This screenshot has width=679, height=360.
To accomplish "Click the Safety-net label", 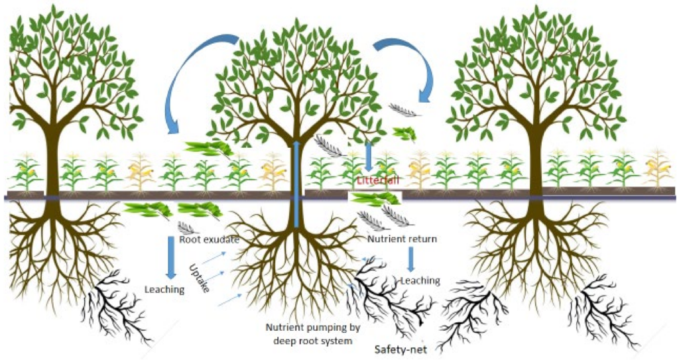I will coord(396,349).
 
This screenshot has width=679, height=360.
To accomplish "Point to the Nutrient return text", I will coord(402,239).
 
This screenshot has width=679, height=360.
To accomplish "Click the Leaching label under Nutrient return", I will coord(420,280).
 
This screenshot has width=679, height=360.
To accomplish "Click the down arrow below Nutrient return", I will coord(410,259).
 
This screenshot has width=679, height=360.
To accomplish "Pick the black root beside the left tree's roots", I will coord(120,305).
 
